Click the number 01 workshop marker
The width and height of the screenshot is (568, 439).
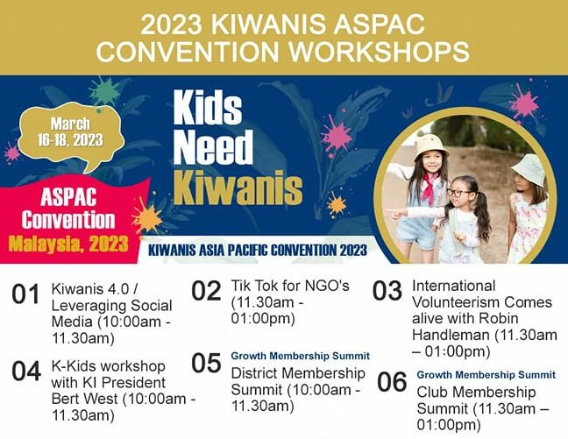(26, 295)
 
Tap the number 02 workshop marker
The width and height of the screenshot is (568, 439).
(207, 291)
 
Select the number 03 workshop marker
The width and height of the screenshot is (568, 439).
(387, 290)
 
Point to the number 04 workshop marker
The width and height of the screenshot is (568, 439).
(26, 372)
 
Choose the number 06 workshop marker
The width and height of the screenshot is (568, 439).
(392, 382)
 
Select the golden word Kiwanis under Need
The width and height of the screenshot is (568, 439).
(237, 186)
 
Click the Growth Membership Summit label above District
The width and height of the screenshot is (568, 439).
(300, 357)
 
